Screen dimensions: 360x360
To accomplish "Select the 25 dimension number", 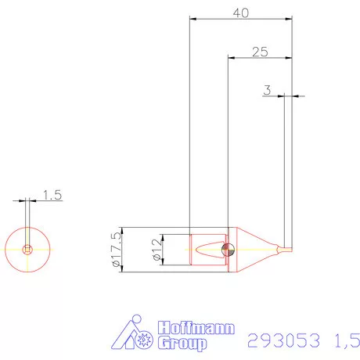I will (x=261, y=51).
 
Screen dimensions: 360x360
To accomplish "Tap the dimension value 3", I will (x=267, y=90).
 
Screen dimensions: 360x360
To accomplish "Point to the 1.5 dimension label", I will (x=52, y=194).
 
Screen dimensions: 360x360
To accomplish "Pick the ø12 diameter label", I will (x=156, y=250).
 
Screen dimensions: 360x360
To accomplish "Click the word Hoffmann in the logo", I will (x=196, y=329).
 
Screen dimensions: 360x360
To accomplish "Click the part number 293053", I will (x=282, y=340).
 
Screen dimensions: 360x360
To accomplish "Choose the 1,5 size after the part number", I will (x=344, y=340).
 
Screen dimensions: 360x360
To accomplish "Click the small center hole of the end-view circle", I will (x=28, y=250).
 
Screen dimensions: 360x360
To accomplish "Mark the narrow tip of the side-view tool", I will (x=287, y=250).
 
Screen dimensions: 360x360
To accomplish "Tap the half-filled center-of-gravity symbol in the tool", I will (x=228, y=250).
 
